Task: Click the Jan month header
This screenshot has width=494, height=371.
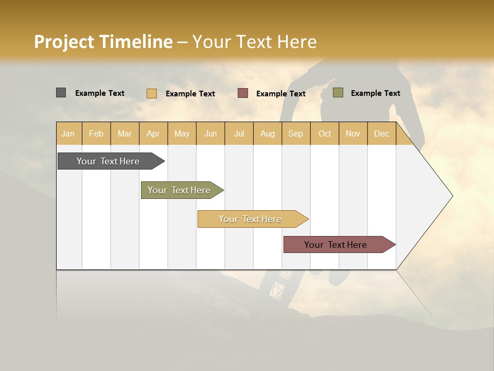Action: point(68,133)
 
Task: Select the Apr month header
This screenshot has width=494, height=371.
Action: point(153,133)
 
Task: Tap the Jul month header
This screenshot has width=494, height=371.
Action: point(239,133)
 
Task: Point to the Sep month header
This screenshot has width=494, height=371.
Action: point(295,133)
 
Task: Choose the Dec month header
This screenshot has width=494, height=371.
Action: point(381,133)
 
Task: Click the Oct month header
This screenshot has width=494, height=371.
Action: point(324,133)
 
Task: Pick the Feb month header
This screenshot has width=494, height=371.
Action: point(96,133)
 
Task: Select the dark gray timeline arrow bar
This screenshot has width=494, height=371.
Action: point(109,161)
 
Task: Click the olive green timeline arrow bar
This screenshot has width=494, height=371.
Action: point(180,190)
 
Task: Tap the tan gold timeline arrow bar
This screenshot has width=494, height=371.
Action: point(251,219)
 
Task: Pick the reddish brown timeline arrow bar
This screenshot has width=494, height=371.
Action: point(336,245)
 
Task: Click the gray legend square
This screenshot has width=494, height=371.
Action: point(61,93)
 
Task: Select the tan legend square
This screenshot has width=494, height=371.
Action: point(152,93)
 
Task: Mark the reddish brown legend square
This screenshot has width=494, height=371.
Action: point(243,93)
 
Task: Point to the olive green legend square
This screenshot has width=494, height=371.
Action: point(338,93)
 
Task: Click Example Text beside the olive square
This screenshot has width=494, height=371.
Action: point(375,93)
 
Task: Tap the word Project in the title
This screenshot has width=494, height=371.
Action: point(63,42)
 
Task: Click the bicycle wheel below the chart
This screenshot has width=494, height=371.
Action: point(275,289)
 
